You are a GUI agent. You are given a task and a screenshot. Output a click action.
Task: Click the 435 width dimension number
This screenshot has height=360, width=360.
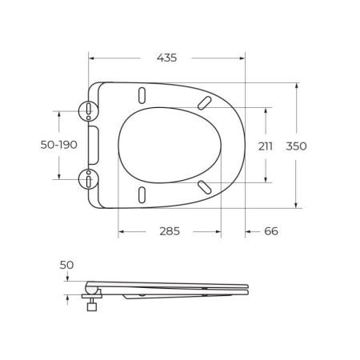pyautogui.click(x=166, y=58)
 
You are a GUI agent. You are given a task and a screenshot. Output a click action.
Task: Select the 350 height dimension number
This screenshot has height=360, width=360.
pyautogui.click(x=298, y=146)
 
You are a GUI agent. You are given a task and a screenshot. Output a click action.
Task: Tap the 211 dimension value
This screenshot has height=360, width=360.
pyautogui.click(x=266, y=146)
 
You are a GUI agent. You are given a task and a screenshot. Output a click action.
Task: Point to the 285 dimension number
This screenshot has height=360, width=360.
pyautogui.click(x=168, y=230)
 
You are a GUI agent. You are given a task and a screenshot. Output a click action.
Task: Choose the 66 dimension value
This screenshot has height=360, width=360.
pyautogui.click(x=270, y=230)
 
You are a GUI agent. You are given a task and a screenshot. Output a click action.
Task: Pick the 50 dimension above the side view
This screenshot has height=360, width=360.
pyautogui.click(x=66, y=264)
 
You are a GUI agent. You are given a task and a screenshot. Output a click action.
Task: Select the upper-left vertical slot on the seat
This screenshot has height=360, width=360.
pyautogui.click(x=142, y=94)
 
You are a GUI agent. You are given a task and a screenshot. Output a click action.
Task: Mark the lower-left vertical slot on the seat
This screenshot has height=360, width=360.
pyautogui.click(x=142, y=195)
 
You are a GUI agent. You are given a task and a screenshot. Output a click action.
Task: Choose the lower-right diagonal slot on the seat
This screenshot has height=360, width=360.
pyautogui.click(x=205, y=186)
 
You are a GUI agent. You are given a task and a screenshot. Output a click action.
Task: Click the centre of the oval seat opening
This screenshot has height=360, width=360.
pyautogui.click(x=168, y=145)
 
